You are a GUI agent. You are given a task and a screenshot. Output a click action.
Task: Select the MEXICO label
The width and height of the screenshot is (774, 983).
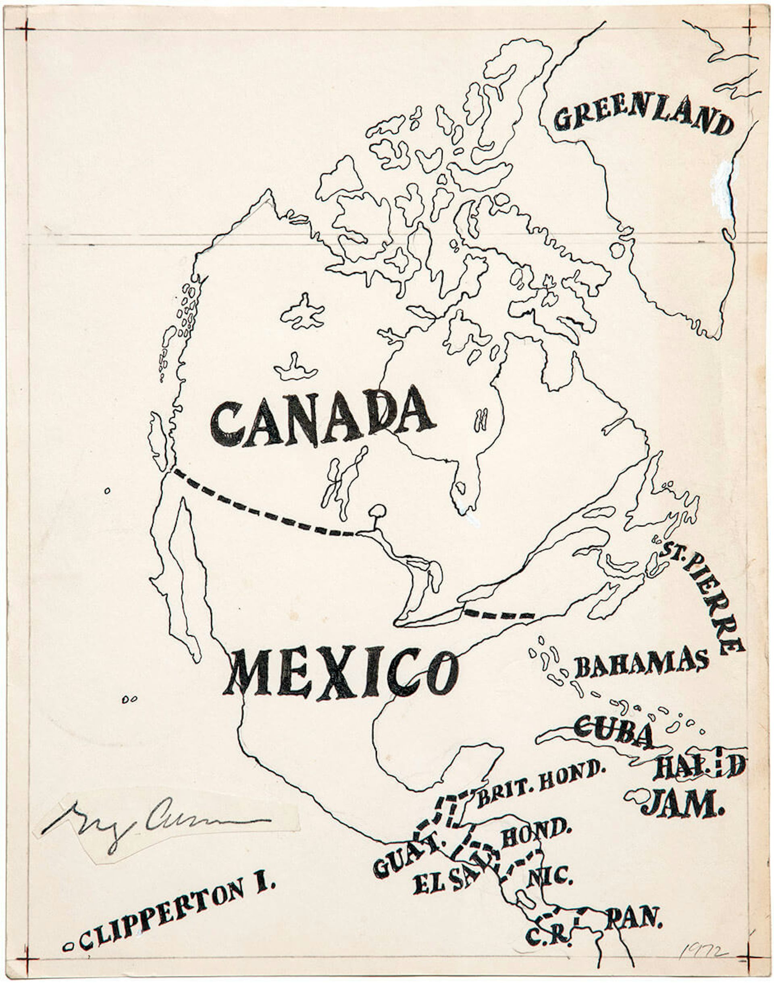(341, 673)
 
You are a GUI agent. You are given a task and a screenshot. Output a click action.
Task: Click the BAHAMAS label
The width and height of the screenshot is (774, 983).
(641, 663)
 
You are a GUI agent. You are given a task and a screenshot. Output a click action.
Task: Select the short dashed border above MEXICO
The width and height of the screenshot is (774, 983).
(499, 615)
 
